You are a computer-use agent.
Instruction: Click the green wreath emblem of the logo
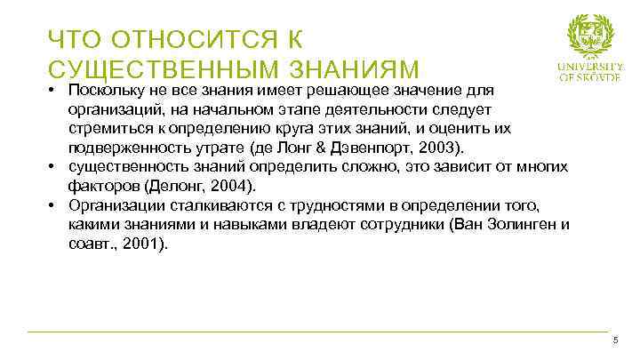coord(591,36)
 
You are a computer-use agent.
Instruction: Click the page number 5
coord(614,342)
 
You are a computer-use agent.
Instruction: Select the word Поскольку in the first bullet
coord(103,91)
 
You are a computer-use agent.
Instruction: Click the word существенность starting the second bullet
coord(121,166)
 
